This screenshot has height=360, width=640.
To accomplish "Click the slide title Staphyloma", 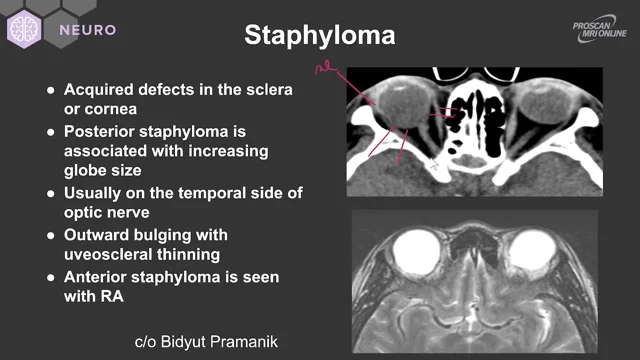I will pyautogui.click(x=320, y=37).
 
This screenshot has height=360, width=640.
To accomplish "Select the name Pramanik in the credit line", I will pyautogui.click(x=245, y=341).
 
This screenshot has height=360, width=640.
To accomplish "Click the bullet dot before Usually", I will pyautogui.click(x=51, y=193).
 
